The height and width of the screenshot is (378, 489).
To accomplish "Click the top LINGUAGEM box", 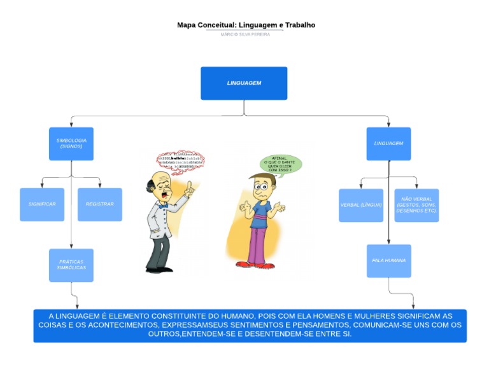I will [244, 83].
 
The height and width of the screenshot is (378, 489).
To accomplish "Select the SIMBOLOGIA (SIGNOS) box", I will [71, 144].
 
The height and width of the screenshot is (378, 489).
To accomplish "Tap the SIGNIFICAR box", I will [42, 204].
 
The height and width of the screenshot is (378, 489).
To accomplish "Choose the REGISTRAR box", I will [100, 204].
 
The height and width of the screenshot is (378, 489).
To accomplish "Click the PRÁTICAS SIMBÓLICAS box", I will [71, 265].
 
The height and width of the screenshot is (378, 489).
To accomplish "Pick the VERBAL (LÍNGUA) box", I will [360, 206].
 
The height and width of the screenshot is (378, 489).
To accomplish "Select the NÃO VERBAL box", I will [416, 206].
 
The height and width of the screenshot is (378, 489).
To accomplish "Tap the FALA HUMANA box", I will [388, 261].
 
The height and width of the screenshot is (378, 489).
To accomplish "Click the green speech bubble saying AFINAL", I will [280, 164].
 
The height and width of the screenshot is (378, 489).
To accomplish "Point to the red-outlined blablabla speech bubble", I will [181, 160].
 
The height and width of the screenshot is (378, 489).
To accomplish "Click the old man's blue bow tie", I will [164, 206].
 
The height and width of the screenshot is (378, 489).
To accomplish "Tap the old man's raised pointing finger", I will [188, 185].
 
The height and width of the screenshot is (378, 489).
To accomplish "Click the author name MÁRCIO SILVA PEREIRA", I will [245, 34].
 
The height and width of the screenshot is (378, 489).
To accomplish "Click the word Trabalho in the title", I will [301, 25].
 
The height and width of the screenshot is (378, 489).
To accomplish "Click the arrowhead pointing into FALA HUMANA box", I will [388, 242].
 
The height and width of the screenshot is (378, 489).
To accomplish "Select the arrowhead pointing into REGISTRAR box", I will [100, 186].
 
